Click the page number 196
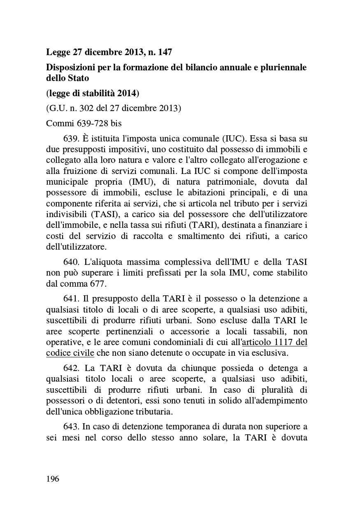click(53, 479)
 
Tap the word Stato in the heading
click(78, 78)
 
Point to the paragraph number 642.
click(71, 367)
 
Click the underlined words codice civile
click(70, 353)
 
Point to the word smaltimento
click(182, 236)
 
